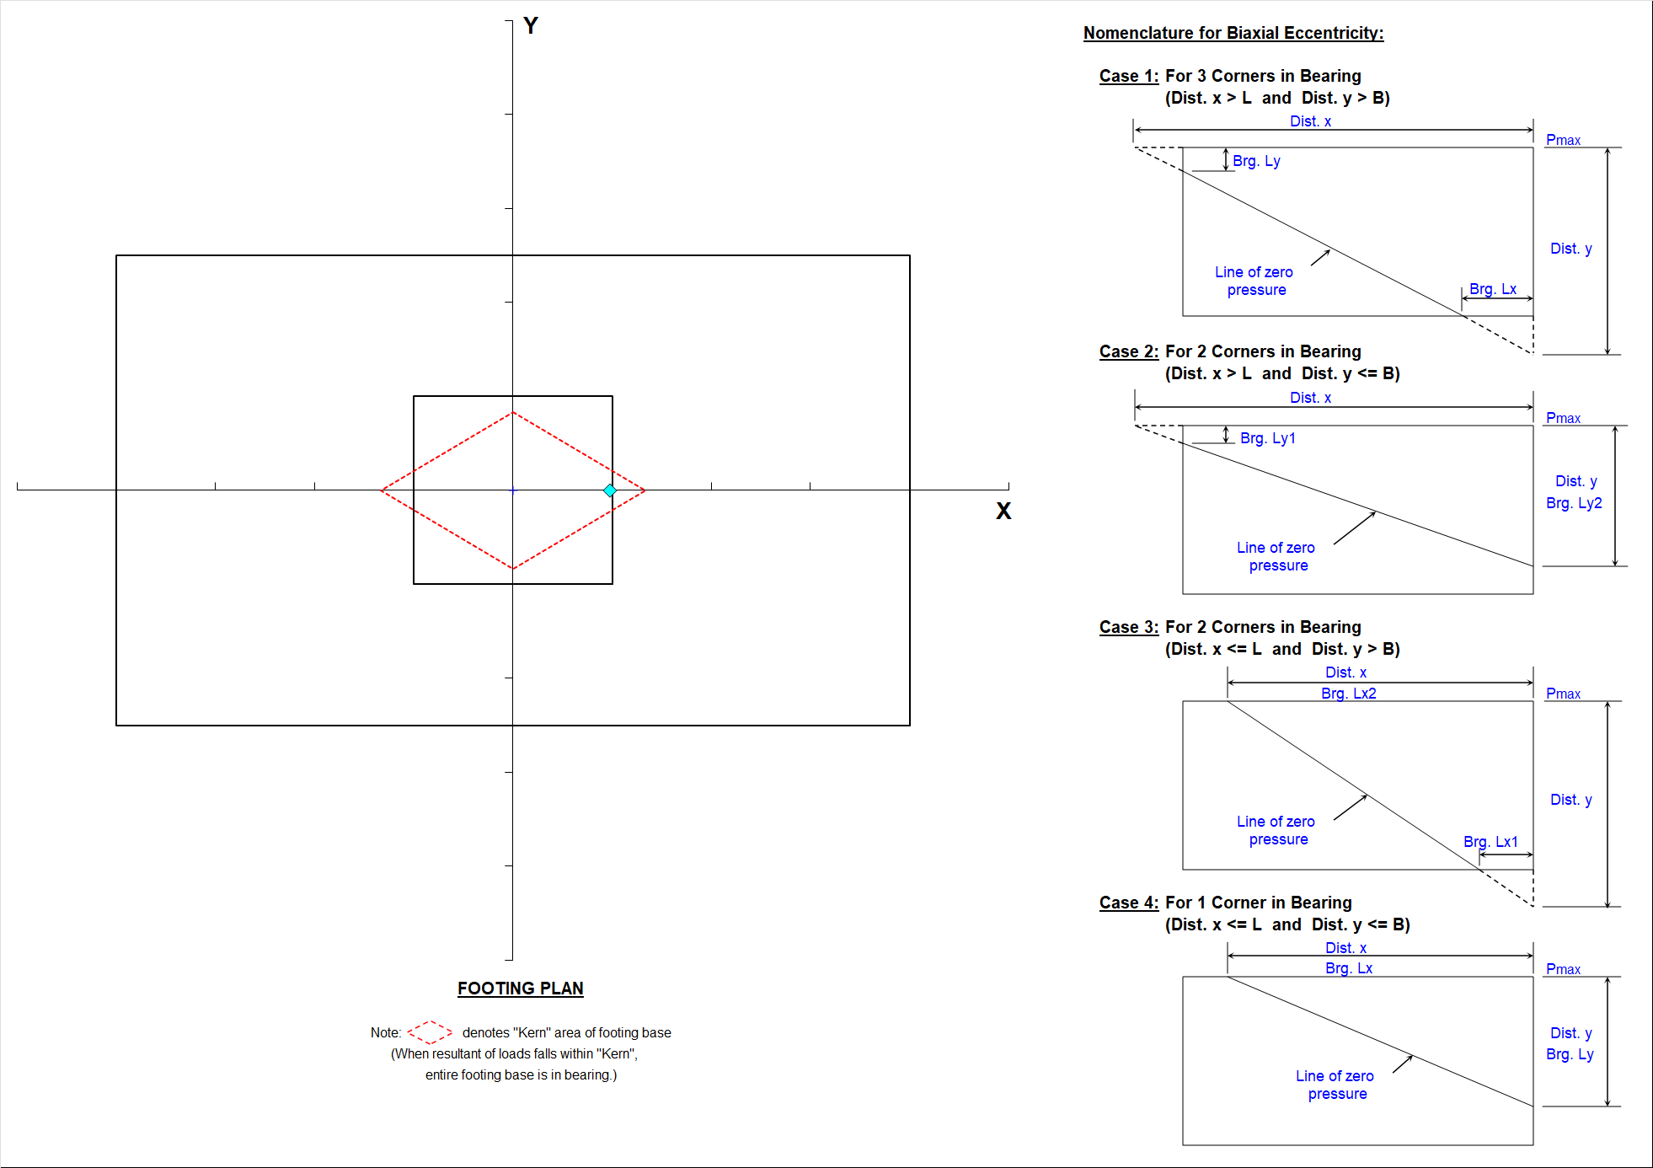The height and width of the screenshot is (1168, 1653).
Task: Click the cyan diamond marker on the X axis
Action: pos(610,490)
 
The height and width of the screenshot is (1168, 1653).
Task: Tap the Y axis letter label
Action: pos(531,25)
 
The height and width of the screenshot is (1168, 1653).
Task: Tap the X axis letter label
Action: pos(1003,511)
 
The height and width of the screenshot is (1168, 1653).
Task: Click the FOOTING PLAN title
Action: pos(521,989)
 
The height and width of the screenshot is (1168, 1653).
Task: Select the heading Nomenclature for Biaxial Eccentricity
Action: pos(1233,33)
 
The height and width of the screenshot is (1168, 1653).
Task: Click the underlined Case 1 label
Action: pos(1129,76)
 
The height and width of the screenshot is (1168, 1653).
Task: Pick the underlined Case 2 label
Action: pos(1129,351)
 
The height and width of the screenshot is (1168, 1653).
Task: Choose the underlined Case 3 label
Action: pos(1129,627)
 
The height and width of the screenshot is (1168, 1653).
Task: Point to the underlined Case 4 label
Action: pos(1129,903)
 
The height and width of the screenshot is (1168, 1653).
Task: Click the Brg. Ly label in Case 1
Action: pos(1256,161)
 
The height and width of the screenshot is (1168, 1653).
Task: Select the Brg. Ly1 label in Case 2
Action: pos(1268,438)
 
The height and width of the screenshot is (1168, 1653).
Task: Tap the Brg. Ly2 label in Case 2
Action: pos(1574,503)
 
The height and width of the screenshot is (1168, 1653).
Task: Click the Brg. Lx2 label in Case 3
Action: pos(1349,694)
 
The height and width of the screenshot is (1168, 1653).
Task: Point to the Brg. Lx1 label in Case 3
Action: pos(1490,842)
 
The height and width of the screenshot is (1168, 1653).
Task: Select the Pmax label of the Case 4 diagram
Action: pos(1563,969)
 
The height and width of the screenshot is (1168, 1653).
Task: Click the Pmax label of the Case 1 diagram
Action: pos(1563,140)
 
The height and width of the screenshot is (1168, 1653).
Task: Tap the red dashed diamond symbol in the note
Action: pos(430,1032)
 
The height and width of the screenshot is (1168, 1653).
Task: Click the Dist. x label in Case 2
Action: pos(1311,398)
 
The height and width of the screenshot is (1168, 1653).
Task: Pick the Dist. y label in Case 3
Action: pos(1571,800)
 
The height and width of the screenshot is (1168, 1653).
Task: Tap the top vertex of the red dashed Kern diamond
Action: pos(513,412)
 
